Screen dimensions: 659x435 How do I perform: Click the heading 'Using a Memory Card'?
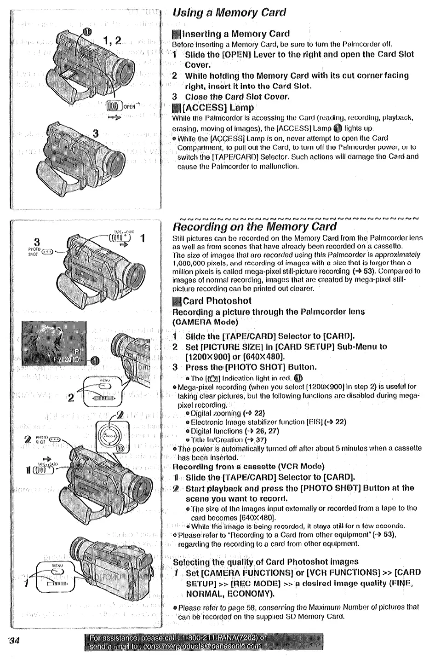[229, 12]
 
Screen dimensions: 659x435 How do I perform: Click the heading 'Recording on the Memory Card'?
[254, 226]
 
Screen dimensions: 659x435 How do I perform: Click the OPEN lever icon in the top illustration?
[114, 106]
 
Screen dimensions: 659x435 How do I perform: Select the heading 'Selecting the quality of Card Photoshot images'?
[265, 561]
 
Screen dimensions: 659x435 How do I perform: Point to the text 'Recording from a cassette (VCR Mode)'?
[248, 467]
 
